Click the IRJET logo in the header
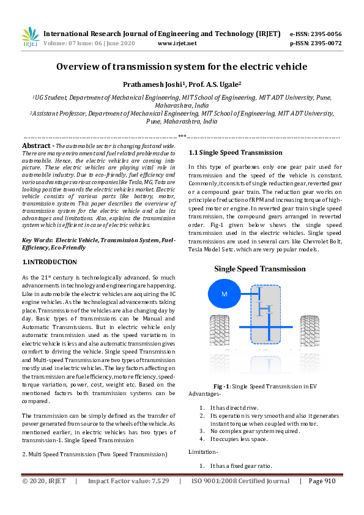pos(30,37)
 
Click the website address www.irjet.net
pos(177,43)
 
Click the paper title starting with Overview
pos(182,67)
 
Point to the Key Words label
pos(36,241)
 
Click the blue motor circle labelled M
pos(224,295)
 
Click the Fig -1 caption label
pos(221,387)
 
